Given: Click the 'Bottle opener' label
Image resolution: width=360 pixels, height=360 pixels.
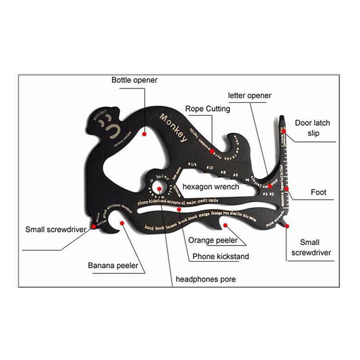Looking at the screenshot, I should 134,81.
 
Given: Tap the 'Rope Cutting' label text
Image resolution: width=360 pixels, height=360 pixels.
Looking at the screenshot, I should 207,109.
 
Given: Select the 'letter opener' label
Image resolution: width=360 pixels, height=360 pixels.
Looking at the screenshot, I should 250,95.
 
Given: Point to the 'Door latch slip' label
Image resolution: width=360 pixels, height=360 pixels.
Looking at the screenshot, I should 312,128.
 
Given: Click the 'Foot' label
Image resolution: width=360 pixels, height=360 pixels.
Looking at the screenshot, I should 318,193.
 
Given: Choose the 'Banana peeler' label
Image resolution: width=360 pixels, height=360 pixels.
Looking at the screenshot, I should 113,265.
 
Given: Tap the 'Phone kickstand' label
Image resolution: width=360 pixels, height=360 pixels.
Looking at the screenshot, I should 220,256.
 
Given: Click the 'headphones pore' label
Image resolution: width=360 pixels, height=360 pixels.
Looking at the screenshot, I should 205,279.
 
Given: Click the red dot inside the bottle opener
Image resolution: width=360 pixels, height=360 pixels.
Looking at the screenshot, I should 144,134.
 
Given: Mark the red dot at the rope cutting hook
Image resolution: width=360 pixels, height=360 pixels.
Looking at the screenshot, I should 212,152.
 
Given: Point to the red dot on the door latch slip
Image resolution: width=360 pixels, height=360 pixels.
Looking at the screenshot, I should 283,131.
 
